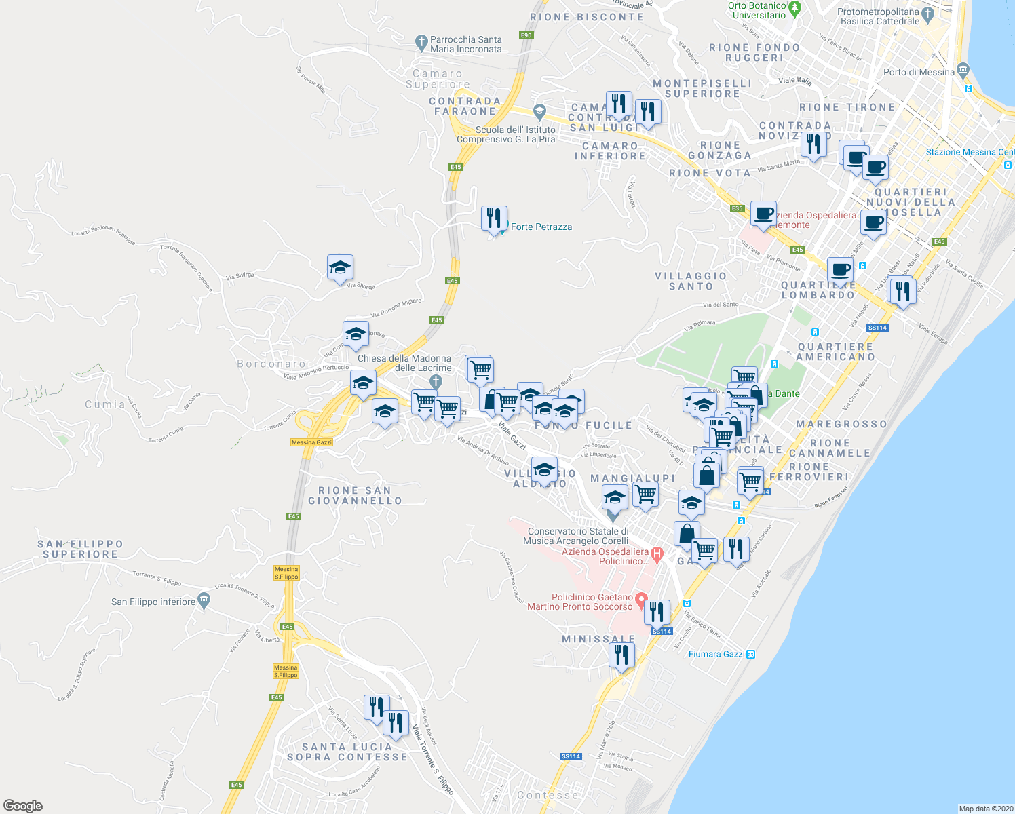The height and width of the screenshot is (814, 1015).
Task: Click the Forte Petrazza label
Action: (541, 227)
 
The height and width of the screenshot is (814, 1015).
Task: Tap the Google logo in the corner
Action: (22, 806)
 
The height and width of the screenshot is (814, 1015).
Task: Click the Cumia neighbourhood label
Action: (105, 404)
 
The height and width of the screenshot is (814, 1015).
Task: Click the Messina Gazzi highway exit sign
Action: (311, 442)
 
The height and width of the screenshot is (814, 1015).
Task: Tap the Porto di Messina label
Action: (919, 72)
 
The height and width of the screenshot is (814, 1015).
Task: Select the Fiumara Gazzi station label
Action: (716, 654)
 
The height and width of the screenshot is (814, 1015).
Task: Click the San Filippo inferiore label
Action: (153, 602)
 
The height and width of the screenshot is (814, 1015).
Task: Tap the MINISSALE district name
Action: (598, 639)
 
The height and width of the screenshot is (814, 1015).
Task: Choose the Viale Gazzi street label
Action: (512, 435)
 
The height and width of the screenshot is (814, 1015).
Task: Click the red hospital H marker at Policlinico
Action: (656, 554)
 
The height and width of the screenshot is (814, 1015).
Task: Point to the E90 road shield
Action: (526, 35)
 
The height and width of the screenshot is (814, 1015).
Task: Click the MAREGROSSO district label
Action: (841, 424)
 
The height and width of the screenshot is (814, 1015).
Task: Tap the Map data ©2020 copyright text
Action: (985, 809)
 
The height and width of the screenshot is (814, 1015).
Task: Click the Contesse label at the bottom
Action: (548, 795)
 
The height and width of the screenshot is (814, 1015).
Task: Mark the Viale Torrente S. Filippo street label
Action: (432, 760)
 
